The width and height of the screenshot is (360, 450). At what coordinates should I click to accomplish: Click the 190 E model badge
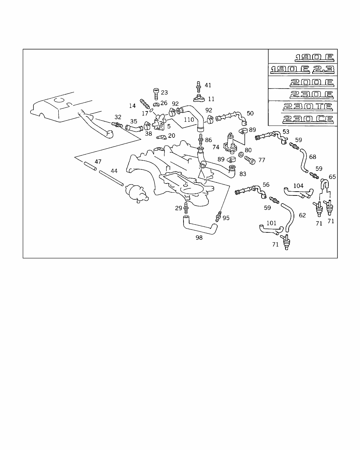pos(314,57)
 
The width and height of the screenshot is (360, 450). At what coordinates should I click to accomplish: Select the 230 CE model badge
pos(308,119)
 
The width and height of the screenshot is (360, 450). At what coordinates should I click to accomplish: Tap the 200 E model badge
pos(311,83)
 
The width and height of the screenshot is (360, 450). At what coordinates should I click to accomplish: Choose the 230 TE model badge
pos(309,107)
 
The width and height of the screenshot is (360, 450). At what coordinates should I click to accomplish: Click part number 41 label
pos(208,85)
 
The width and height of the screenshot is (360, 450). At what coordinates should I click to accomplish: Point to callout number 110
pos(189,120)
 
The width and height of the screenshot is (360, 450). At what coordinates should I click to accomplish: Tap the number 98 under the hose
pos(199,238)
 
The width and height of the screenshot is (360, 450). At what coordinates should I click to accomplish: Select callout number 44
pos(114,171)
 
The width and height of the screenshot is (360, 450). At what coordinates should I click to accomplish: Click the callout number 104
pos(298,186)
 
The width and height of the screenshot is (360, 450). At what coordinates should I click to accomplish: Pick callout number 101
pos(271,223)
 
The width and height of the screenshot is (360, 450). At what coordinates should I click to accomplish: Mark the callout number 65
pos(332,177)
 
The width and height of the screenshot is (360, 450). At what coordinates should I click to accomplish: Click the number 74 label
pos(216,147)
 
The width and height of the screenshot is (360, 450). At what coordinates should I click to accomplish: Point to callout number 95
pos(226,218)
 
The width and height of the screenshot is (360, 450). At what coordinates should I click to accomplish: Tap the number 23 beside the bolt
pos(164,92)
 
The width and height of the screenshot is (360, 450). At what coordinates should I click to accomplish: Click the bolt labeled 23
pos(156,94)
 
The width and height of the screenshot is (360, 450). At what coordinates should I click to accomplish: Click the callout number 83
pos(243,174)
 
